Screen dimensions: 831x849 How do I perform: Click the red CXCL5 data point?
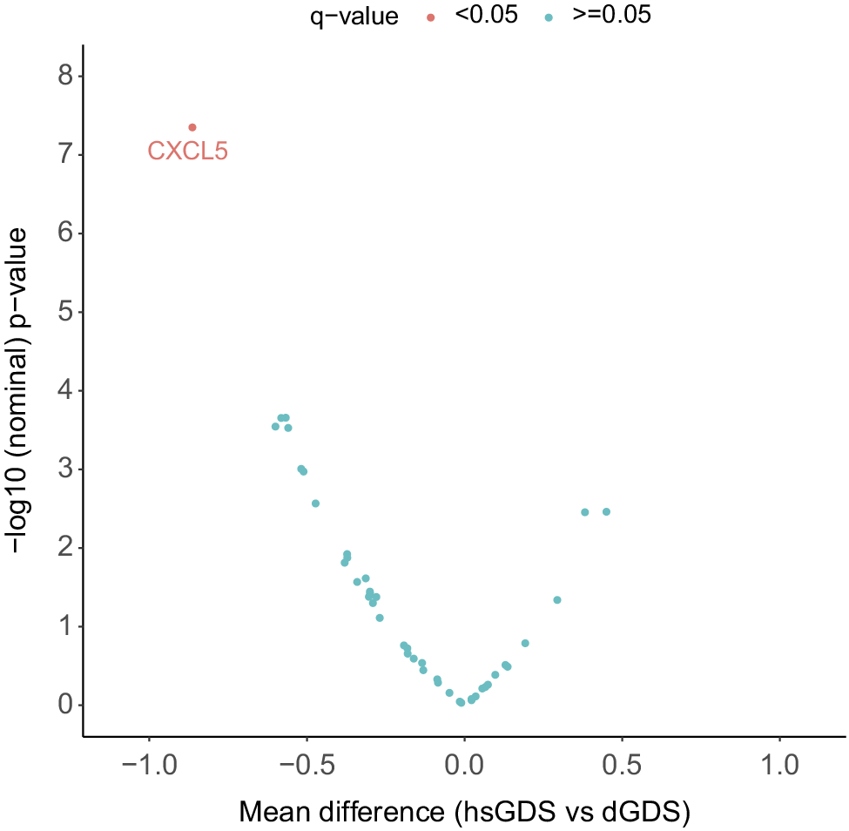click(x=192, y=127)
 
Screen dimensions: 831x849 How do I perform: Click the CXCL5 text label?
click(x=187, y=152)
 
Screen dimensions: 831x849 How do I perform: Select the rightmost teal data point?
click(x=606, y=511)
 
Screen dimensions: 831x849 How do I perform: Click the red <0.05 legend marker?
click(x=431, y=17)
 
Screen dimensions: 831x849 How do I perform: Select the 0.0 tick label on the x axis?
click(x=464, y=766)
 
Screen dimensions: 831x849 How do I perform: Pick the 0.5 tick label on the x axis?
click(x=622, y=766)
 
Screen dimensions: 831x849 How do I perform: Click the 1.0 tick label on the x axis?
click(x=779, y=766)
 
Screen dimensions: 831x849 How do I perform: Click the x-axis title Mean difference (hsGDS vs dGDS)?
click(x=464, y=812)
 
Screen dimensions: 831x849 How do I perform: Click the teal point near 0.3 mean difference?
click(x=557, y=599)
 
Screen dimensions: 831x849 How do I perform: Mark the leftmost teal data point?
click(x=275, y=426)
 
